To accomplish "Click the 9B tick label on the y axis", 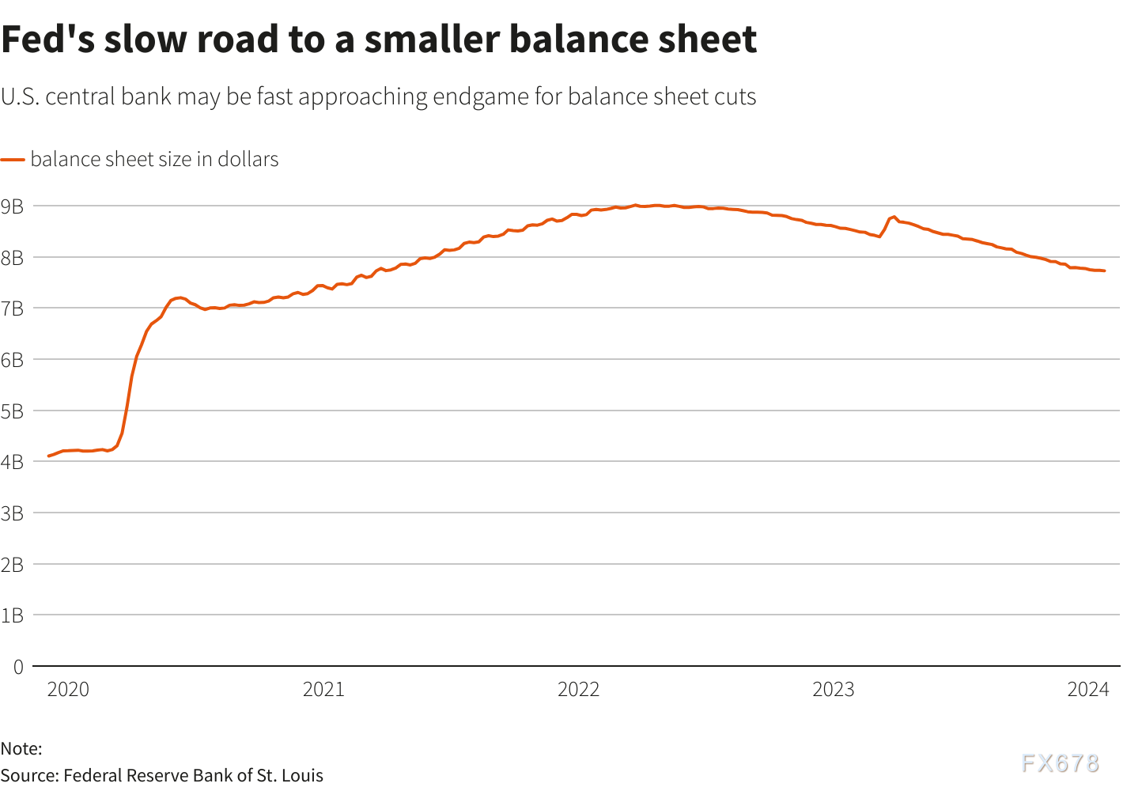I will [12, 207].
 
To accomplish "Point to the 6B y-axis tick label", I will [12, 361].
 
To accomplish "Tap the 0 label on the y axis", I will [18, 668].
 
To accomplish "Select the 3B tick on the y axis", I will [12, 514].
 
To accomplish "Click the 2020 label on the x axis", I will [68, 690].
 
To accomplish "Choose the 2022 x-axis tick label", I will [578, 690].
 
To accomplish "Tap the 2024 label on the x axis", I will [1088, 690].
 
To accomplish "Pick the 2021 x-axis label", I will [323, 690].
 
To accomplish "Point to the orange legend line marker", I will [13, 160].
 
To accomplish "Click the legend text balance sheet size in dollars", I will [154, 160].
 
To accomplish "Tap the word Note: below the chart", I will [21, 748].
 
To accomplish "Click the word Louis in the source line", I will [302, 775].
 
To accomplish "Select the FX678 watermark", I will [1060, 763].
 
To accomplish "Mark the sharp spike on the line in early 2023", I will [894, 217].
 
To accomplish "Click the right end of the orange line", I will [1104, 271].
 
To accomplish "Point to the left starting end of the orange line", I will [49, 456].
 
